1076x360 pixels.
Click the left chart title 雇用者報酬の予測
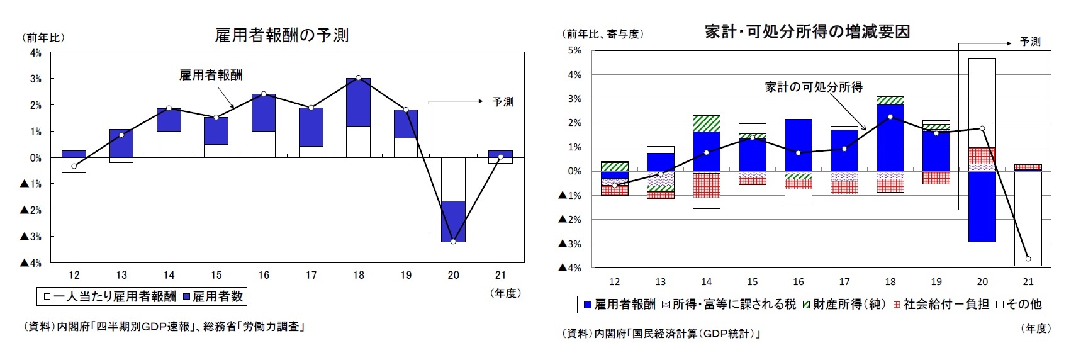coord(281,35)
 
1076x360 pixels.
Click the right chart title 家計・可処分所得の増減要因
coord(807,31)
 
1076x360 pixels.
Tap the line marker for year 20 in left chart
coord(453,242)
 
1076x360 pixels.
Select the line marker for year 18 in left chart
coord(358,77)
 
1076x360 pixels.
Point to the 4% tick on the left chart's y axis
coord(35,53)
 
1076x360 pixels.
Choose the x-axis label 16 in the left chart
coord(264,275)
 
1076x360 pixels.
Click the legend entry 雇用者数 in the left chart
coord(216,296)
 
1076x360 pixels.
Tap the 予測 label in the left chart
coord(503,101)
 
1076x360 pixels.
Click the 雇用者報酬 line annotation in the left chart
coord(211,76)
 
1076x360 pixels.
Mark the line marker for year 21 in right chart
coord(1028,259)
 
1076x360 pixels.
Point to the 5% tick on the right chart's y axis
coord(574,50)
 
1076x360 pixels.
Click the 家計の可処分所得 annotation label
coord(813,87)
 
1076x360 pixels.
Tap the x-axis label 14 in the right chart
coord(706,281)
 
